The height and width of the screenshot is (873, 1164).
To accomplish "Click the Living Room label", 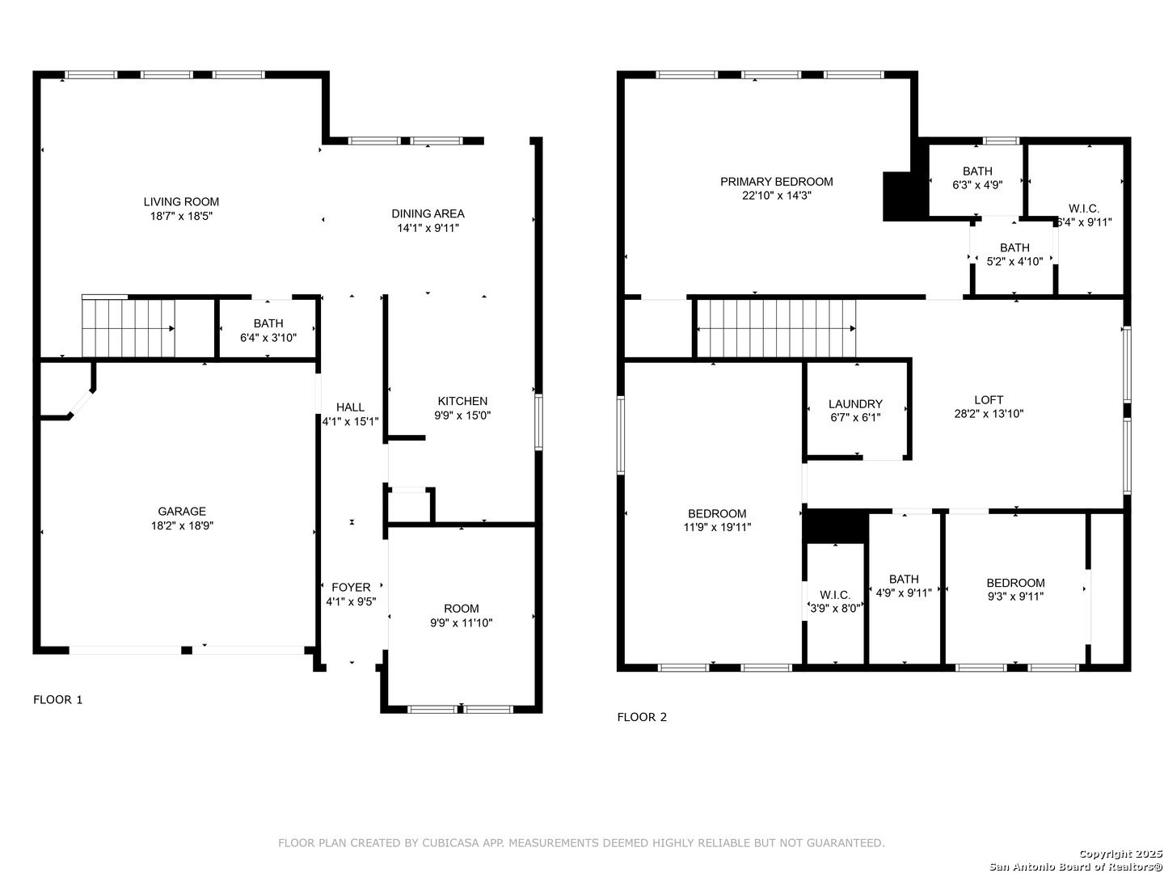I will tap(181, 202).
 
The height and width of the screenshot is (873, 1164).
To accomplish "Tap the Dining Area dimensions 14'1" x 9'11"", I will tap(428, 228).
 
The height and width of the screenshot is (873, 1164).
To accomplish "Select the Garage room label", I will tap(182, 511).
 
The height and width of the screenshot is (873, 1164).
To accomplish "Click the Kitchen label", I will tap(462, 401).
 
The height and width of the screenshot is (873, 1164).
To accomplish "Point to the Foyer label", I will tap(351, 588).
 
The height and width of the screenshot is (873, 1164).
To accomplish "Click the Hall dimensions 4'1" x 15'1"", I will tap(350, 421).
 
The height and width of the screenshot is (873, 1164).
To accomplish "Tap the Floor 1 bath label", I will tap(268, 323).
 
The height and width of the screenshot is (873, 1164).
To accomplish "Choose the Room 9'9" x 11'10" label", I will tap(461, 609).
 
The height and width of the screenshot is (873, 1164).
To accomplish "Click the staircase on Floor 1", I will tap(129, 328).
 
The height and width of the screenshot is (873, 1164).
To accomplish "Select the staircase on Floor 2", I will tap(776, 328).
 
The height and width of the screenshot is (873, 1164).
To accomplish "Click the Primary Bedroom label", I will tap(776, 182).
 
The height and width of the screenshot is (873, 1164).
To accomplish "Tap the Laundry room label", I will tap(855, 404).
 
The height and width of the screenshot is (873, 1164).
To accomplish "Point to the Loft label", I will tap(989, 400).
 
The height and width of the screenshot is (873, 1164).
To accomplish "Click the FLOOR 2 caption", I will tap(642, 717).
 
